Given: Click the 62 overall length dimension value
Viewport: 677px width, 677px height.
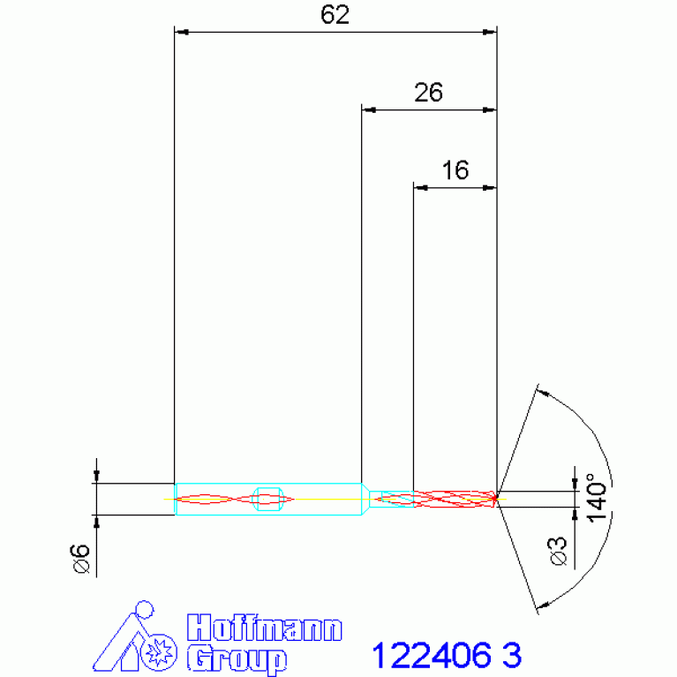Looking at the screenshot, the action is [335, 15].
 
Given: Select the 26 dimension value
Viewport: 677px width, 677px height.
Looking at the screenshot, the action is [428, 93].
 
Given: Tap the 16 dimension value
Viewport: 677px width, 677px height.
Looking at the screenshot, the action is [455, 170].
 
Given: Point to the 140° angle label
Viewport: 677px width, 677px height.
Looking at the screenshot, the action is [597, 498].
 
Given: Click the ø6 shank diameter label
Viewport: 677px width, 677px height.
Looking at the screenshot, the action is [79, 558].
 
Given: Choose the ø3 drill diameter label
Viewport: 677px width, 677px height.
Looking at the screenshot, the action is [558, 551].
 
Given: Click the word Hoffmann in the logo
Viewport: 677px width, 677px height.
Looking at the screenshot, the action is [265, 628].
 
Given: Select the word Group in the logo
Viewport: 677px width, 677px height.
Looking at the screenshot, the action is [237, 659].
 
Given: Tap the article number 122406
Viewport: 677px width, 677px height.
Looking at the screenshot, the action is [432, 656].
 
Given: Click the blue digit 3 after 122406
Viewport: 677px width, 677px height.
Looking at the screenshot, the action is [512, 656].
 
